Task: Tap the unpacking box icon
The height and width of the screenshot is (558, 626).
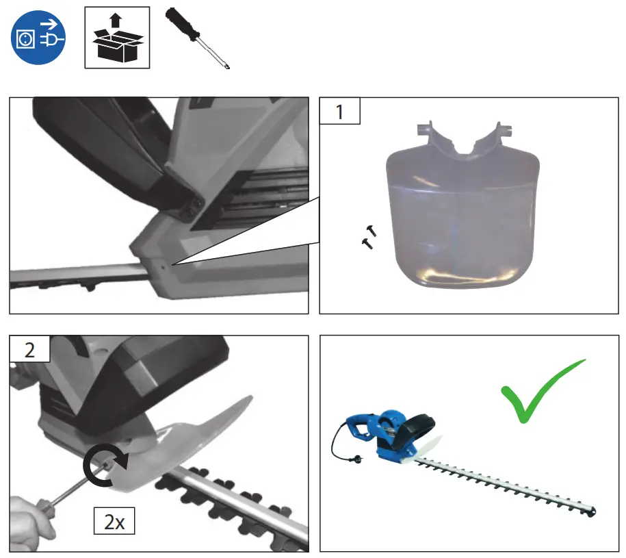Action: click(x=116, y=38)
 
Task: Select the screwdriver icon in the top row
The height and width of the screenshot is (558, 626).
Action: click(x=199, y=39)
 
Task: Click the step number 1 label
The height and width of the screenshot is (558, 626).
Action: click(x=340, y=110)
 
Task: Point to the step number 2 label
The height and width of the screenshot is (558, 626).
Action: click(x=29, y=349)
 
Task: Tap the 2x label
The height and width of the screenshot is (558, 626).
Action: click(x=114, y=522)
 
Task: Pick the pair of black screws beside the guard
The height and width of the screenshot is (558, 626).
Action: click(x=369, y=236)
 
